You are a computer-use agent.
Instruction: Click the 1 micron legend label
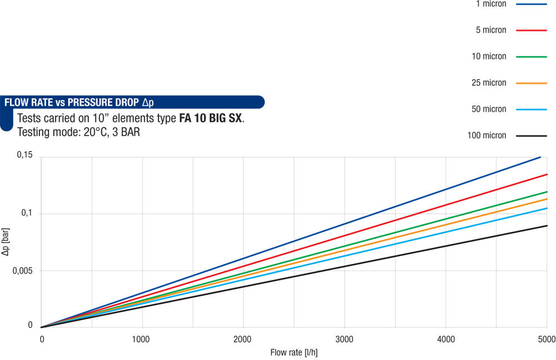491,4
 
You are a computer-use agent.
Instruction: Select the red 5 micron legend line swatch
532,30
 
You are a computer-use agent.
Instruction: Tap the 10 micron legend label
489,56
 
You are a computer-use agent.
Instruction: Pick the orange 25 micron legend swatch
532,83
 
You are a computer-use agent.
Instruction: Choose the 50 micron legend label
489,109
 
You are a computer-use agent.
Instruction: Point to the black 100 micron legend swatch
532,136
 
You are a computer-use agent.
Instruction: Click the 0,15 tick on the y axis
25,157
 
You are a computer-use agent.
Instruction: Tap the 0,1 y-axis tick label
27,213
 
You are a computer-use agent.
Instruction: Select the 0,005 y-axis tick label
23,271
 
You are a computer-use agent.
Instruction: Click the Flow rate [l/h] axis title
294,352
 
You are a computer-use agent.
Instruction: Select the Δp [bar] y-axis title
6,242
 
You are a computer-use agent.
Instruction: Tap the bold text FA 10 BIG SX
211,118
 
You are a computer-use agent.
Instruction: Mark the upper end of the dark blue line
540,157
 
